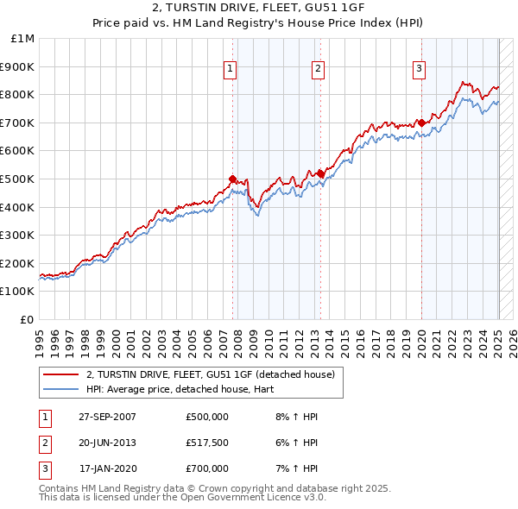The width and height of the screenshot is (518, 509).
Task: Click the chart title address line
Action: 258,9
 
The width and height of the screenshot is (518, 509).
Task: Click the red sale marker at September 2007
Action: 232,179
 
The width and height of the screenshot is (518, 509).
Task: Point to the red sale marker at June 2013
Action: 320,173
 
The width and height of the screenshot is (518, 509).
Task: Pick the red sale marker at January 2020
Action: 421,123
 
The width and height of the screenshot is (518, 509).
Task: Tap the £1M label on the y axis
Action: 23,39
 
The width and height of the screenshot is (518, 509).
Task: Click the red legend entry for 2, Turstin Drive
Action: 216,374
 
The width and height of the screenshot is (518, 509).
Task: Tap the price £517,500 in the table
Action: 207,443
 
